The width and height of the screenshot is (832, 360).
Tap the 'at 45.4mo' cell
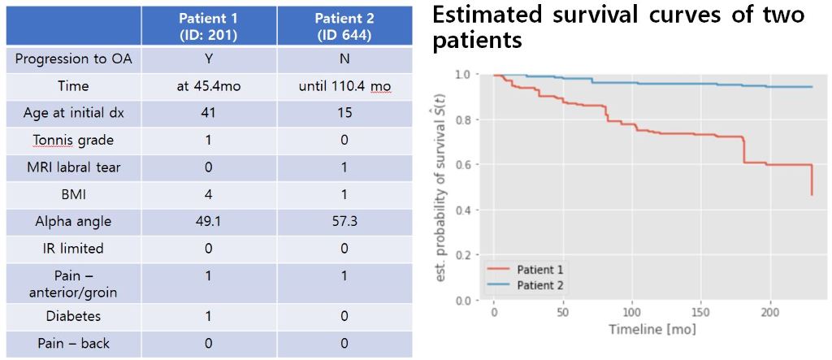click(x=208, y=85)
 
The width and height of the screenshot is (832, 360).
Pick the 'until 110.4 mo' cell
click(x=344, y=85)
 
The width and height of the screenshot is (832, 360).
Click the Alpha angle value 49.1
click(x=208, y=221)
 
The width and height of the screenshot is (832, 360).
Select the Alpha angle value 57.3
click(x=344, y=221)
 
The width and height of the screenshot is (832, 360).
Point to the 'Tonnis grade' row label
click(x=73, y=140)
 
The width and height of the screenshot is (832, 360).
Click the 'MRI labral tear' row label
click(x=73, y=167)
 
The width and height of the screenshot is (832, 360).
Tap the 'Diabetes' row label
click(x=73, y=316)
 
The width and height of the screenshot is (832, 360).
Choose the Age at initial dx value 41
click(x=208, y=113)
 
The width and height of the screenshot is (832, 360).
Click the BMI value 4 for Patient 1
click(x=208, y=194)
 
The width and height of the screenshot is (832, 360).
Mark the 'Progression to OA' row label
click(x=73, y=59)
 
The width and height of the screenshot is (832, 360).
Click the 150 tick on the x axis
click(x=701, y=313)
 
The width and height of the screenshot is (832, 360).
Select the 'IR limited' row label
click(x=73, y=248)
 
